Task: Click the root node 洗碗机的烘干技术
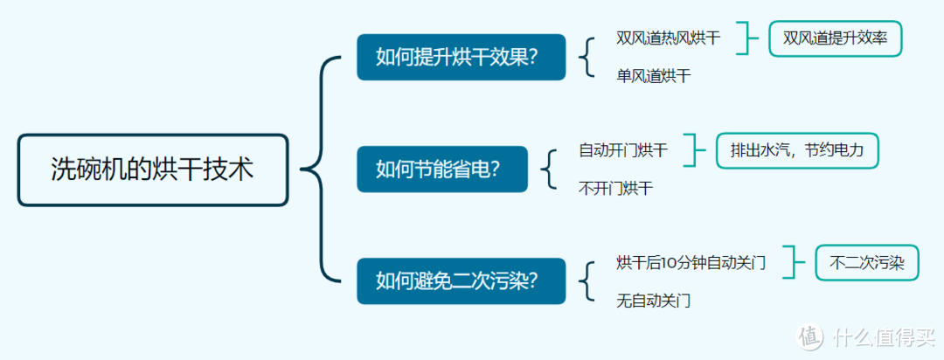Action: [x=153, y=170]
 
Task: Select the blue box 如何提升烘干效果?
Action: [x=461, y=57]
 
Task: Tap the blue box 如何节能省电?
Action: [x=442, y=169]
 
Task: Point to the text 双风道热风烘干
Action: [x=669, y=38]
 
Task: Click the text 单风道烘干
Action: [x=653, y=76]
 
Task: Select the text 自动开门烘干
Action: [x=623, y=150]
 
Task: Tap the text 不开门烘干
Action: [x=615, y=188]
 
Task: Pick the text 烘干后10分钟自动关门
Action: [x=691, y=262]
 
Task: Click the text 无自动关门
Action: [x=653, y=301]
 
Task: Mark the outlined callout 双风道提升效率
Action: [x=835, y=38]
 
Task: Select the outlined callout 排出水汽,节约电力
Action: [x=797, y=150]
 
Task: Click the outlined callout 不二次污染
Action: [x=866, y=262]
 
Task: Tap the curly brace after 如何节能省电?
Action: [x=550, y=169]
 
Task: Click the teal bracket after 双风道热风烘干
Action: [x=747, y=38]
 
